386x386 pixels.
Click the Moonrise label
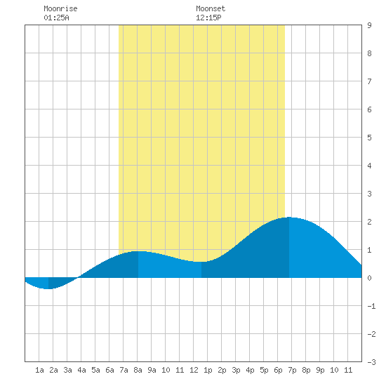[60, 8]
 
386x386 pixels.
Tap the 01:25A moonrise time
[56, 18]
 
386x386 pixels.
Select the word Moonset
[211, 8]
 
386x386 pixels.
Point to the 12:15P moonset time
[208, 18]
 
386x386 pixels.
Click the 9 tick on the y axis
[369, 25]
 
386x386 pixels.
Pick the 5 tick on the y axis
[369, 138]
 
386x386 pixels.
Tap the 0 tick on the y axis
[369, 278]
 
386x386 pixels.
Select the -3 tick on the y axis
[371, 362]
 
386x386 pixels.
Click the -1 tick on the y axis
[371, 306]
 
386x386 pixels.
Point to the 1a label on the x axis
[39, 370]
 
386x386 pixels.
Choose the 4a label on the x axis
[81, 370]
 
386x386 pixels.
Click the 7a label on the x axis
[124, 370]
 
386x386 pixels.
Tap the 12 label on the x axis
[194, 370]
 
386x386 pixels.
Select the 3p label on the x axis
[236, 370]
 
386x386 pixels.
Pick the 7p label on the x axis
[292, 370]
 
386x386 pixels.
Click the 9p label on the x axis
[320, 370]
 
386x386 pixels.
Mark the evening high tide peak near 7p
[289, 218]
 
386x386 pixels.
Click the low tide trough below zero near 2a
[48, 288]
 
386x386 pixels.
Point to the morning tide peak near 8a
[138, 251]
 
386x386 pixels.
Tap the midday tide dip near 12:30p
[201, 262]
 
